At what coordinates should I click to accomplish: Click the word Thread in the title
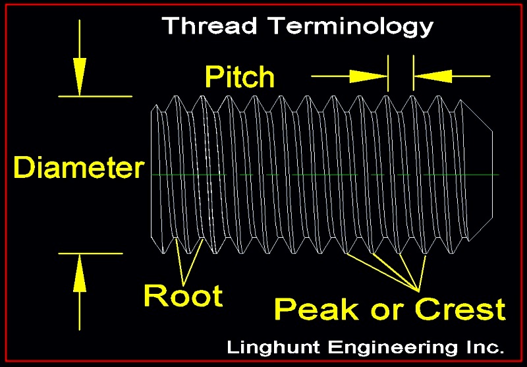tap(209, 25)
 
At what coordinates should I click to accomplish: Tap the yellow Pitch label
tap(240, 77)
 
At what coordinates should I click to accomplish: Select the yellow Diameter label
tap(79, 167)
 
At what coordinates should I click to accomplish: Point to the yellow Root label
tap(183, 295)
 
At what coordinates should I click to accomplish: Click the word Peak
tap(317, 309)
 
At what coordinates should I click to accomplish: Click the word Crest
tap(460, 309)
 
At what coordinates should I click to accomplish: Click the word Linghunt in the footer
tap(273, 347)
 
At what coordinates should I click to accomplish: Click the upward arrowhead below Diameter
tap(80, 273)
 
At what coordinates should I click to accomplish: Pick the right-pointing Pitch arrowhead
tap(369, 76)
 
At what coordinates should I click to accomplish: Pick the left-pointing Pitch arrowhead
tap(433, 76)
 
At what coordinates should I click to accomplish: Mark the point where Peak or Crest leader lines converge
tap(418, 291)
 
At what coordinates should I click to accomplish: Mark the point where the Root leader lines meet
tap(184, 286)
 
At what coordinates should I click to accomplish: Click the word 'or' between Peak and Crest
tap(387, 312)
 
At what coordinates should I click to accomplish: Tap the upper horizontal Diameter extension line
tap(95, 96)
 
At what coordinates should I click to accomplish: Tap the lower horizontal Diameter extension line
tap(90, 254)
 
